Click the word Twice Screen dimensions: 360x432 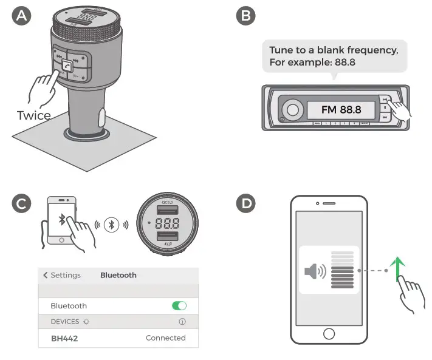pyautogui.click(x=33, y=115)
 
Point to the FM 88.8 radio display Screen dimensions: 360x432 pyautogui.click(x=341, y=110)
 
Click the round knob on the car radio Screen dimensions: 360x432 pyautogui.click(x=293, y=110)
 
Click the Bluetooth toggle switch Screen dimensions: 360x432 pyautogui.click(x=179, y=306)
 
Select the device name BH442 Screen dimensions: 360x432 pyautogui.click(x=64, y=338)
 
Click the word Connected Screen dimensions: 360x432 pyautogui.click(x=165, y=338)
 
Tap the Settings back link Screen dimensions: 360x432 pyautogui.click(x=61, y=275)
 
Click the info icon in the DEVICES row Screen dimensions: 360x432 pyautogui.click(x=182, y=322)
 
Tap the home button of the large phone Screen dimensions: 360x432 pyautogui.click(x=329, y=333)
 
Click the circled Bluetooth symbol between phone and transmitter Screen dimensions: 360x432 pyautogui.click(x=110, y=224)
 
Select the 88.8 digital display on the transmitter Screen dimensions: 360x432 pyautogui.click(x=166, y=222)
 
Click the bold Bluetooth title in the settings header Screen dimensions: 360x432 pyautogui.click(x=118, y=275)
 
